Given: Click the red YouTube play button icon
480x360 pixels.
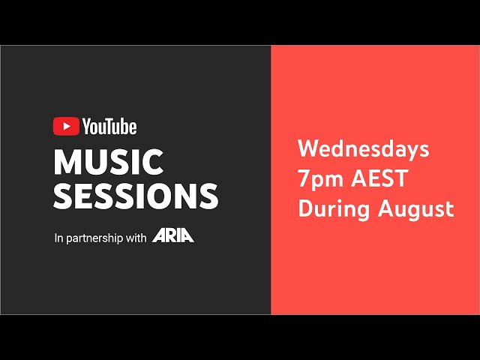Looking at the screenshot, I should click(x=66, y=127).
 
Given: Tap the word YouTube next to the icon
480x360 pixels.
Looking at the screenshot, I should click(x=109, y=127).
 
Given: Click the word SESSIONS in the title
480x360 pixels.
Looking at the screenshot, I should click(x=136, y=195).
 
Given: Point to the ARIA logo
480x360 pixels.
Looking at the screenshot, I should click(x=173, y=237).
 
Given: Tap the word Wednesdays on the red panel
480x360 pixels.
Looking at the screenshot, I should click(x=363, y=149).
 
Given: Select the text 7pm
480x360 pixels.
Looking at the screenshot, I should click(x=318, y=179).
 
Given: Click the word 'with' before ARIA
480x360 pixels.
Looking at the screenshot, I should click(x=136, y=238).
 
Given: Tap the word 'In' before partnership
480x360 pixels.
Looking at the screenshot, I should click(x=58, y=238).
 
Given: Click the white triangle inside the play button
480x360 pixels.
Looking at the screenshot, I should click(x=66, y=127).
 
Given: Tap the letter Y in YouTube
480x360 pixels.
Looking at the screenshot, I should click(x=87, y=127).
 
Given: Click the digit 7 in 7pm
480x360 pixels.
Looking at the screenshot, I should click(x=304, y=178).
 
